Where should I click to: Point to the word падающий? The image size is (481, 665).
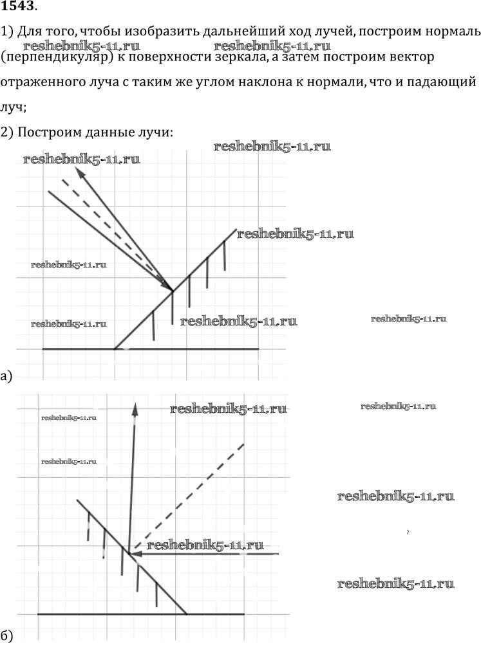[x=444, y=82]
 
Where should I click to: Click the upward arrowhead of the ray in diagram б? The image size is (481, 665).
[x=136, y=407]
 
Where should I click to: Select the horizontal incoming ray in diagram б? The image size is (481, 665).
[x=212, y=553]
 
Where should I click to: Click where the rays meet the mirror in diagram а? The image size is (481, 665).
[x=173, y=291]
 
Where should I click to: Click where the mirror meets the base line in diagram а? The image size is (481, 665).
[x=115, y=349]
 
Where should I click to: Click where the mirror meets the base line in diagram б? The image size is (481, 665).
[x=187, y=614]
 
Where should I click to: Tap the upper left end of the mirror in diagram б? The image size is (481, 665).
[x=77, y=500]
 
